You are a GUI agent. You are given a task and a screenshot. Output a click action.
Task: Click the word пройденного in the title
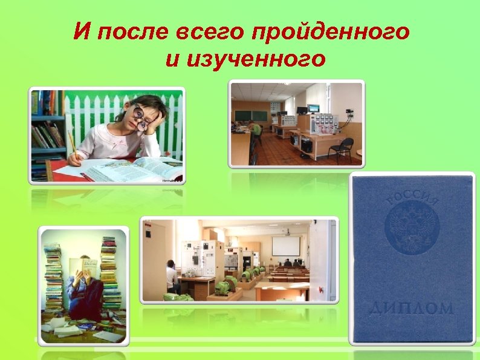point(334,30)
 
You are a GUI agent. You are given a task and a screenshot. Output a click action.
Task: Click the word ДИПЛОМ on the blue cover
point(412,308)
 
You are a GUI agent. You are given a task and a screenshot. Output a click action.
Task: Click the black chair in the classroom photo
point(343,148)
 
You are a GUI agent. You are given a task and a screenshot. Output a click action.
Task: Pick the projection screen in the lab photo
point(285,246)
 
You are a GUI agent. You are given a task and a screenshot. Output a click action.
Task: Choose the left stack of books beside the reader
point(53,278)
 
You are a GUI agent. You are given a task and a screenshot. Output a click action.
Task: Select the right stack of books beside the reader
point(109,272)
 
